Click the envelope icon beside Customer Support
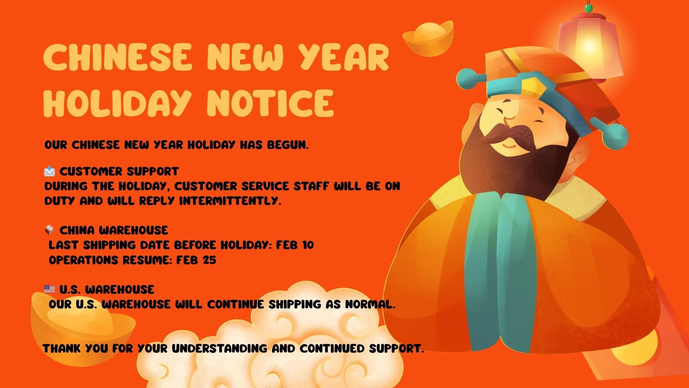point(50,171)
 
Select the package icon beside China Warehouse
point(50,230)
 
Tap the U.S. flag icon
point(50,289)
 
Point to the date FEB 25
point(196,260)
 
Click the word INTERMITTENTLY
point(230,201)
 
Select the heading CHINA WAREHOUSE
point(114,230)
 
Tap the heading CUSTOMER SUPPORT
point(119,171)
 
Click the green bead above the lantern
point(588,8)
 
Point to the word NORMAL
point(370,304)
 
